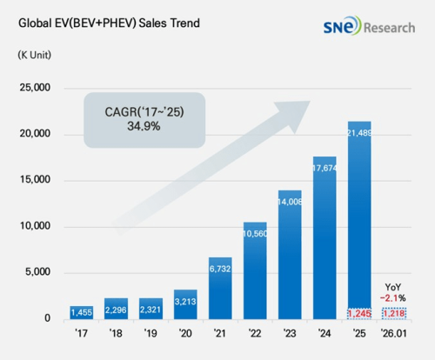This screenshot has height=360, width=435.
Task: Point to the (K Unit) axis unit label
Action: click(x=34, y=56)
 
